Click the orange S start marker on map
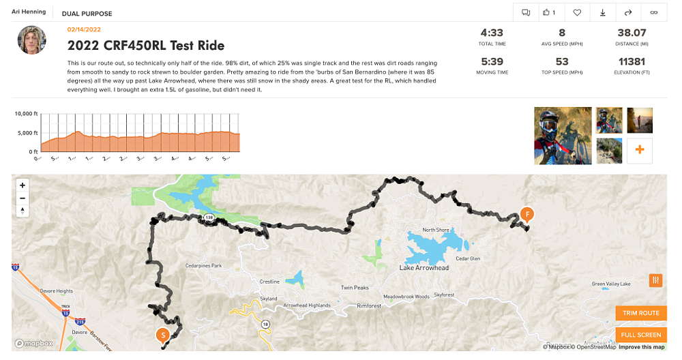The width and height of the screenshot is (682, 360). [x=162, y=335]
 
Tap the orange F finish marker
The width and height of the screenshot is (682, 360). [x=527, y=214]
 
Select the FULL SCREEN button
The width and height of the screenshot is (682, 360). [x=641, y=335]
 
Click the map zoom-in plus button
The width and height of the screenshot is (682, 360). [x=23, y=185]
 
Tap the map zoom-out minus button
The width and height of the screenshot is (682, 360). [x=23, y=198]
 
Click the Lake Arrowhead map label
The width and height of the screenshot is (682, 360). [x=424, y=268]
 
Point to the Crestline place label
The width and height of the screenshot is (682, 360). [x=270, y=282]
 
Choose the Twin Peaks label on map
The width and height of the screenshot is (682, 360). [x=355, y=288]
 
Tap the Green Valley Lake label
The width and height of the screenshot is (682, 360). [x=611, y=284]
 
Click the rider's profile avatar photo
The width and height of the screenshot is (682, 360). [x=31, y=40]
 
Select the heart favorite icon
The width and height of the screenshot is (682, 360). [x=577, y=12]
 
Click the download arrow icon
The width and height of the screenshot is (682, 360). [x=603, y=12]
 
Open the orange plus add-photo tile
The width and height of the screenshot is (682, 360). [x=640, y=151]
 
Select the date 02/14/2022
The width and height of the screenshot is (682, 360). [x=85, y=30]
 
